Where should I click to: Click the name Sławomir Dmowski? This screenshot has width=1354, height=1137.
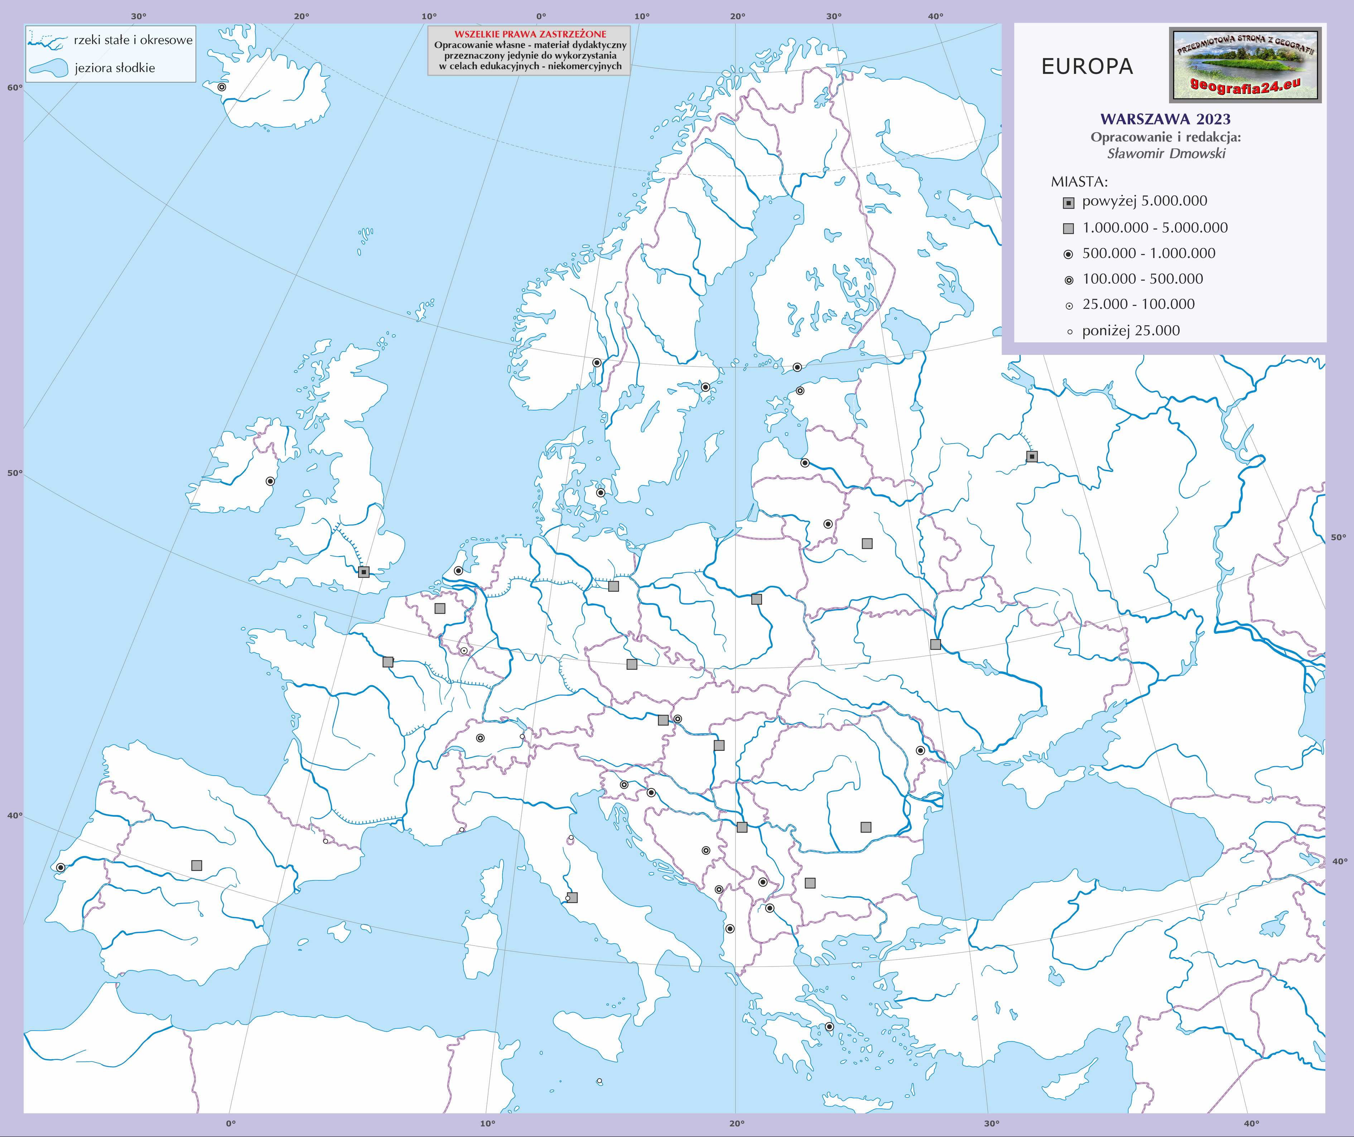(1166, 153)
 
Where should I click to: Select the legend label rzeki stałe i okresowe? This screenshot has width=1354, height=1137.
(133, 40)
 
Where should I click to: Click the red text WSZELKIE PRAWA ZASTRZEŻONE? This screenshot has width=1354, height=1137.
(530, 34)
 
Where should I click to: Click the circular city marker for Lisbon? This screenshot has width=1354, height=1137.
(61, 867)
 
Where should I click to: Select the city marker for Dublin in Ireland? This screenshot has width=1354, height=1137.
(270, 481)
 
